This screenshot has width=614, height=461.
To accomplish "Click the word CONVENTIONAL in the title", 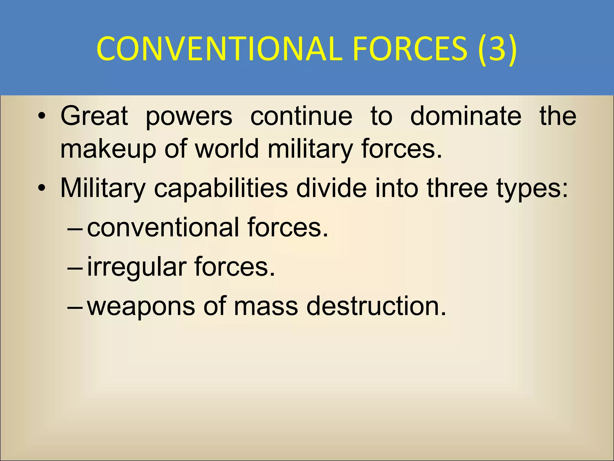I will [x=219, y=48].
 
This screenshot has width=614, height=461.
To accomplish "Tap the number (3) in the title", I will [x=497, y=48].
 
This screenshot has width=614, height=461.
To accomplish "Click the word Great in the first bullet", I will [x=94, y=116].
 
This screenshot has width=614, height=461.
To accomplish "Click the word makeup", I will [x=108, y=149].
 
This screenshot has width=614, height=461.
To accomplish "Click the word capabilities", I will [x=221, y=188].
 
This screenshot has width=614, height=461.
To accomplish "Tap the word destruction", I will [x=376, y=306].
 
